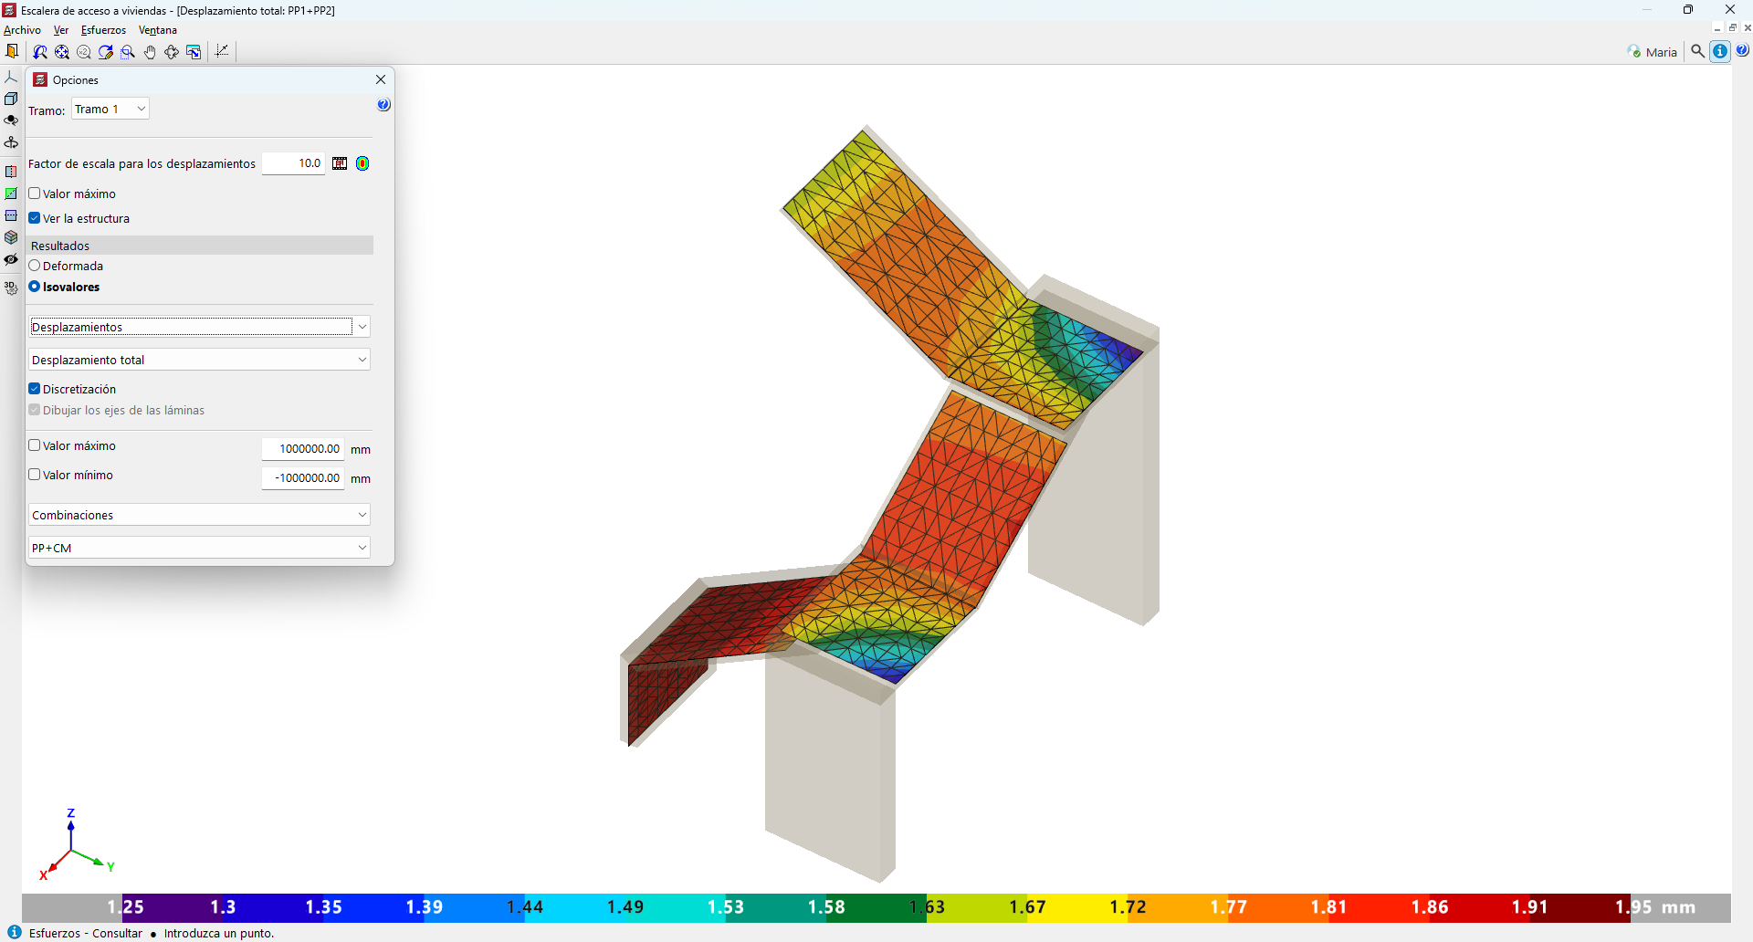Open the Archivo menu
pos(22,30)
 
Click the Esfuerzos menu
pos(103,30)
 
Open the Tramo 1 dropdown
pos(110,109)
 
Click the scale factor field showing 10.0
pos(293,163)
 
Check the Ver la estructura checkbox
pos(35,218)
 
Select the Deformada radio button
pos(35,266)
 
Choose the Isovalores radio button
pos(35,287)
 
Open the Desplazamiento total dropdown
pos(199,360)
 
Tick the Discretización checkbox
pos(35,389)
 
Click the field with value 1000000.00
pos(303,448)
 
